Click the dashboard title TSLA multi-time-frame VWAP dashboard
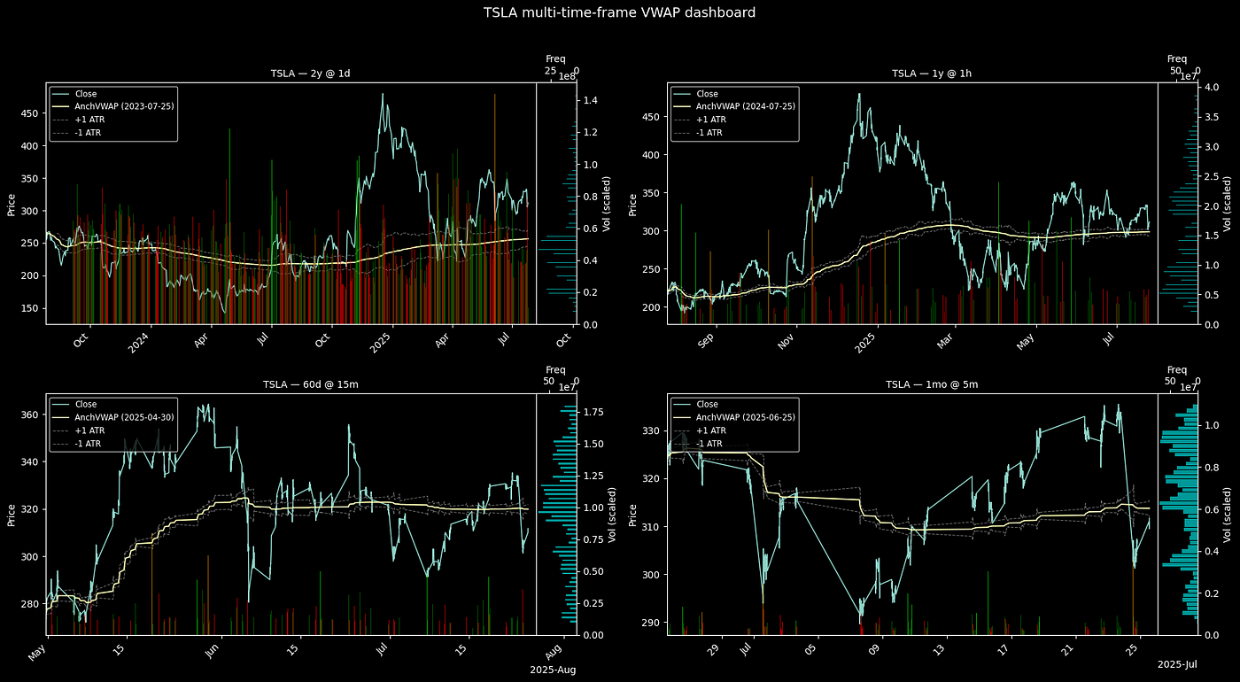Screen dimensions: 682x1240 click(619, 12)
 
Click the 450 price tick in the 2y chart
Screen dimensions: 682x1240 click(27, 113)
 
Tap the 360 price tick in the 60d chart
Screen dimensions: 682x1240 click(27, 415)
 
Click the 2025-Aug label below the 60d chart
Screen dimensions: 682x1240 click(553, 670)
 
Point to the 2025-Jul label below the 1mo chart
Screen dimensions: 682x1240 click(1177, 664)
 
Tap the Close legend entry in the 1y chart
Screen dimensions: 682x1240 click(707, 93)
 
